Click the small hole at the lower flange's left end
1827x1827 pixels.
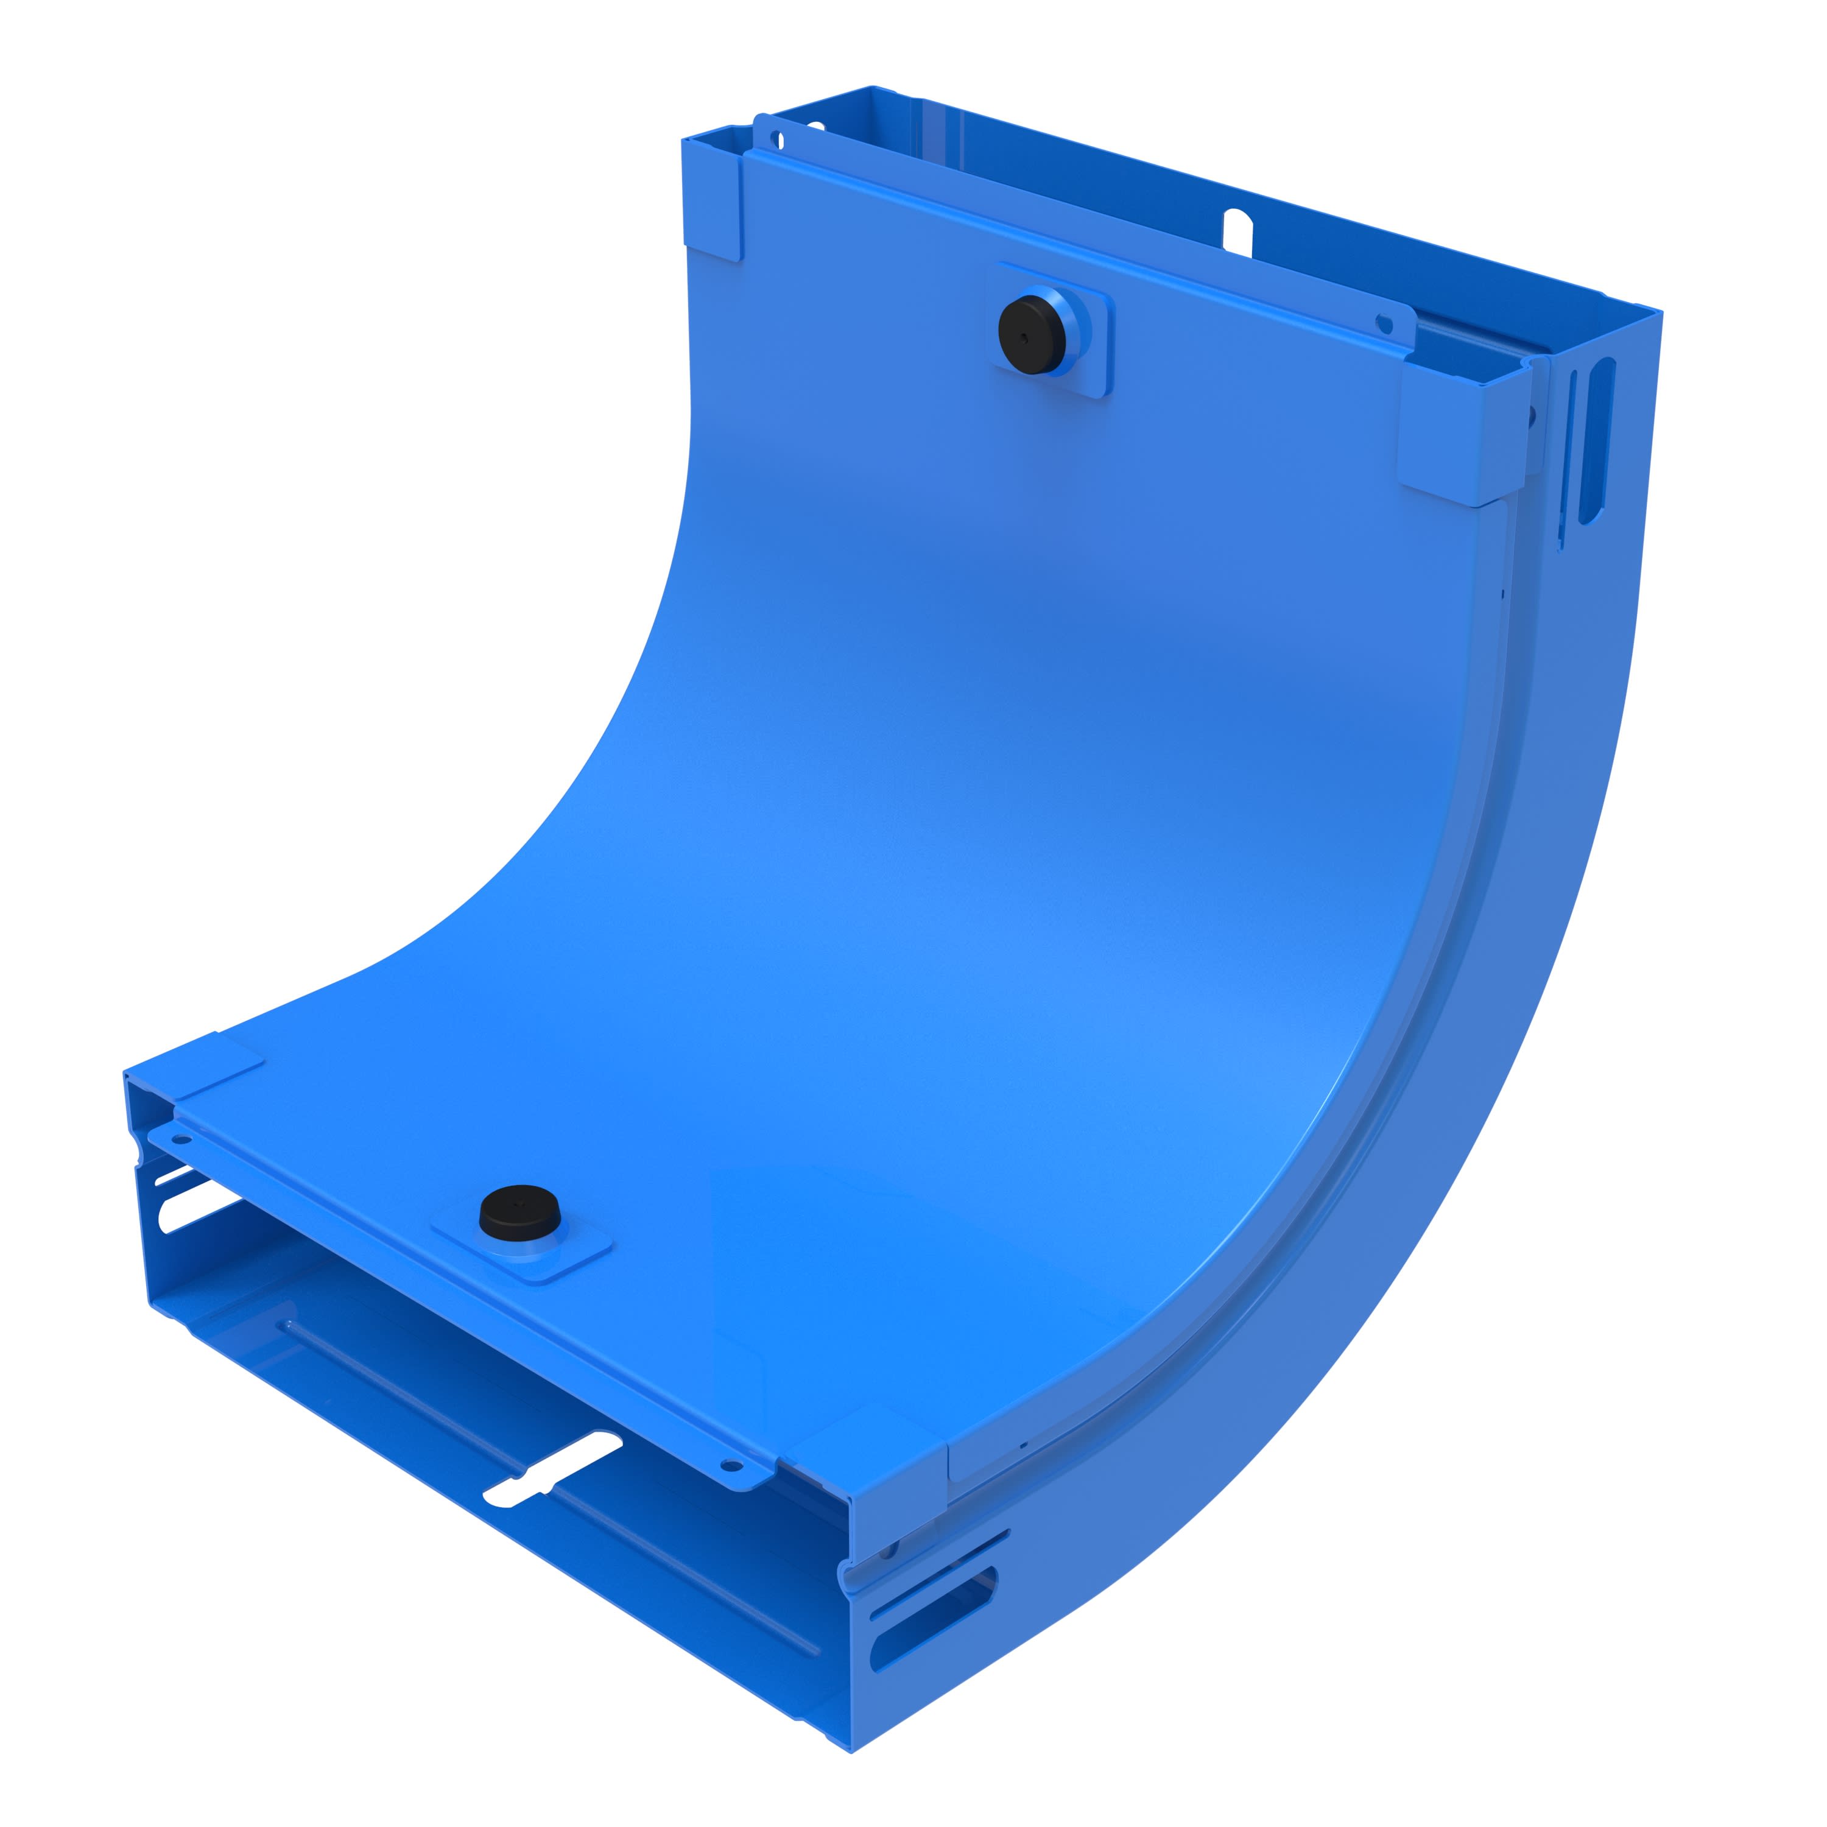click(x=180, y=1139)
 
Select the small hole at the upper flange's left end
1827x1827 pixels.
click(x=778, y=140)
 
